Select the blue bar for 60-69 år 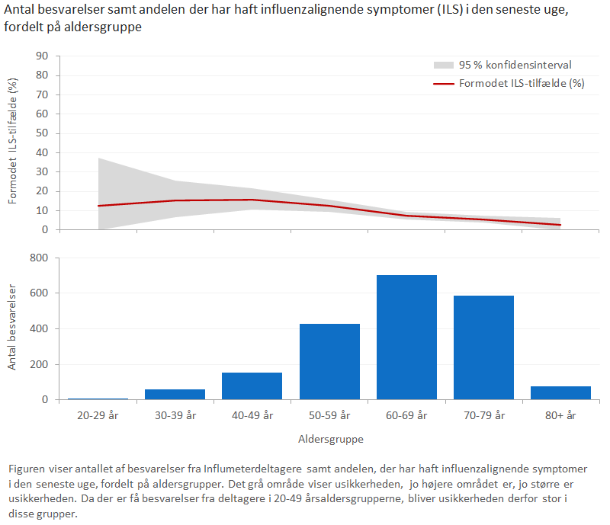406,337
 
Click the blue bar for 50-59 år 329,361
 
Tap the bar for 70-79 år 483,347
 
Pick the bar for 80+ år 560,392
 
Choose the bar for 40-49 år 252,386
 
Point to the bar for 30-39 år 175,394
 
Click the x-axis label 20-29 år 98,415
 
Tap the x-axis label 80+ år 560,415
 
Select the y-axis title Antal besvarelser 13,328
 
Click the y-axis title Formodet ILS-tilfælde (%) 13,142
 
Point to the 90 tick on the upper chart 43,56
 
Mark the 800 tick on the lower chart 40,258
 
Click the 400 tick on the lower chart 40,328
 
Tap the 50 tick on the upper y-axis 43,133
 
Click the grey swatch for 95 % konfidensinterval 443,66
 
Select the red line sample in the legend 443,84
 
